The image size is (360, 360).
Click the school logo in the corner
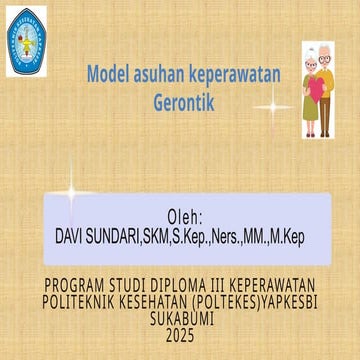[x=27, y=42]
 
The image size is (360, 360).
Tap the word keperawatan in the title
[x=237, y=74]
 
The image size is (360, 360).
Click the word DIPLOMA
[x=189, y=284]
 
